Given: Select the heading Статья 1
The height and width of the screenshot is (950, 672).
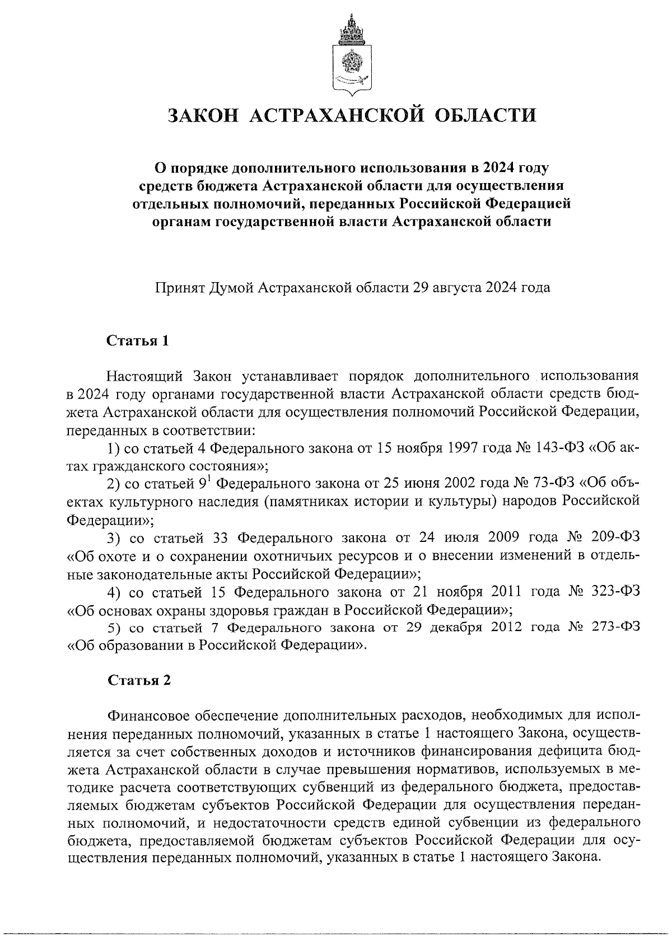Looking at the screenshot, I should [138, 341].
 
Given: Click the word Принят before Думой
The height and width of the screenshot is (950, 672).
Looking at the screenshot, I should [180, 288].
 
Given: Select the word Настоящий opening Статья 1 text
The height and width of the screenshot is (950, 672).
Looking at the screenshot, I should [143, 375].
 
